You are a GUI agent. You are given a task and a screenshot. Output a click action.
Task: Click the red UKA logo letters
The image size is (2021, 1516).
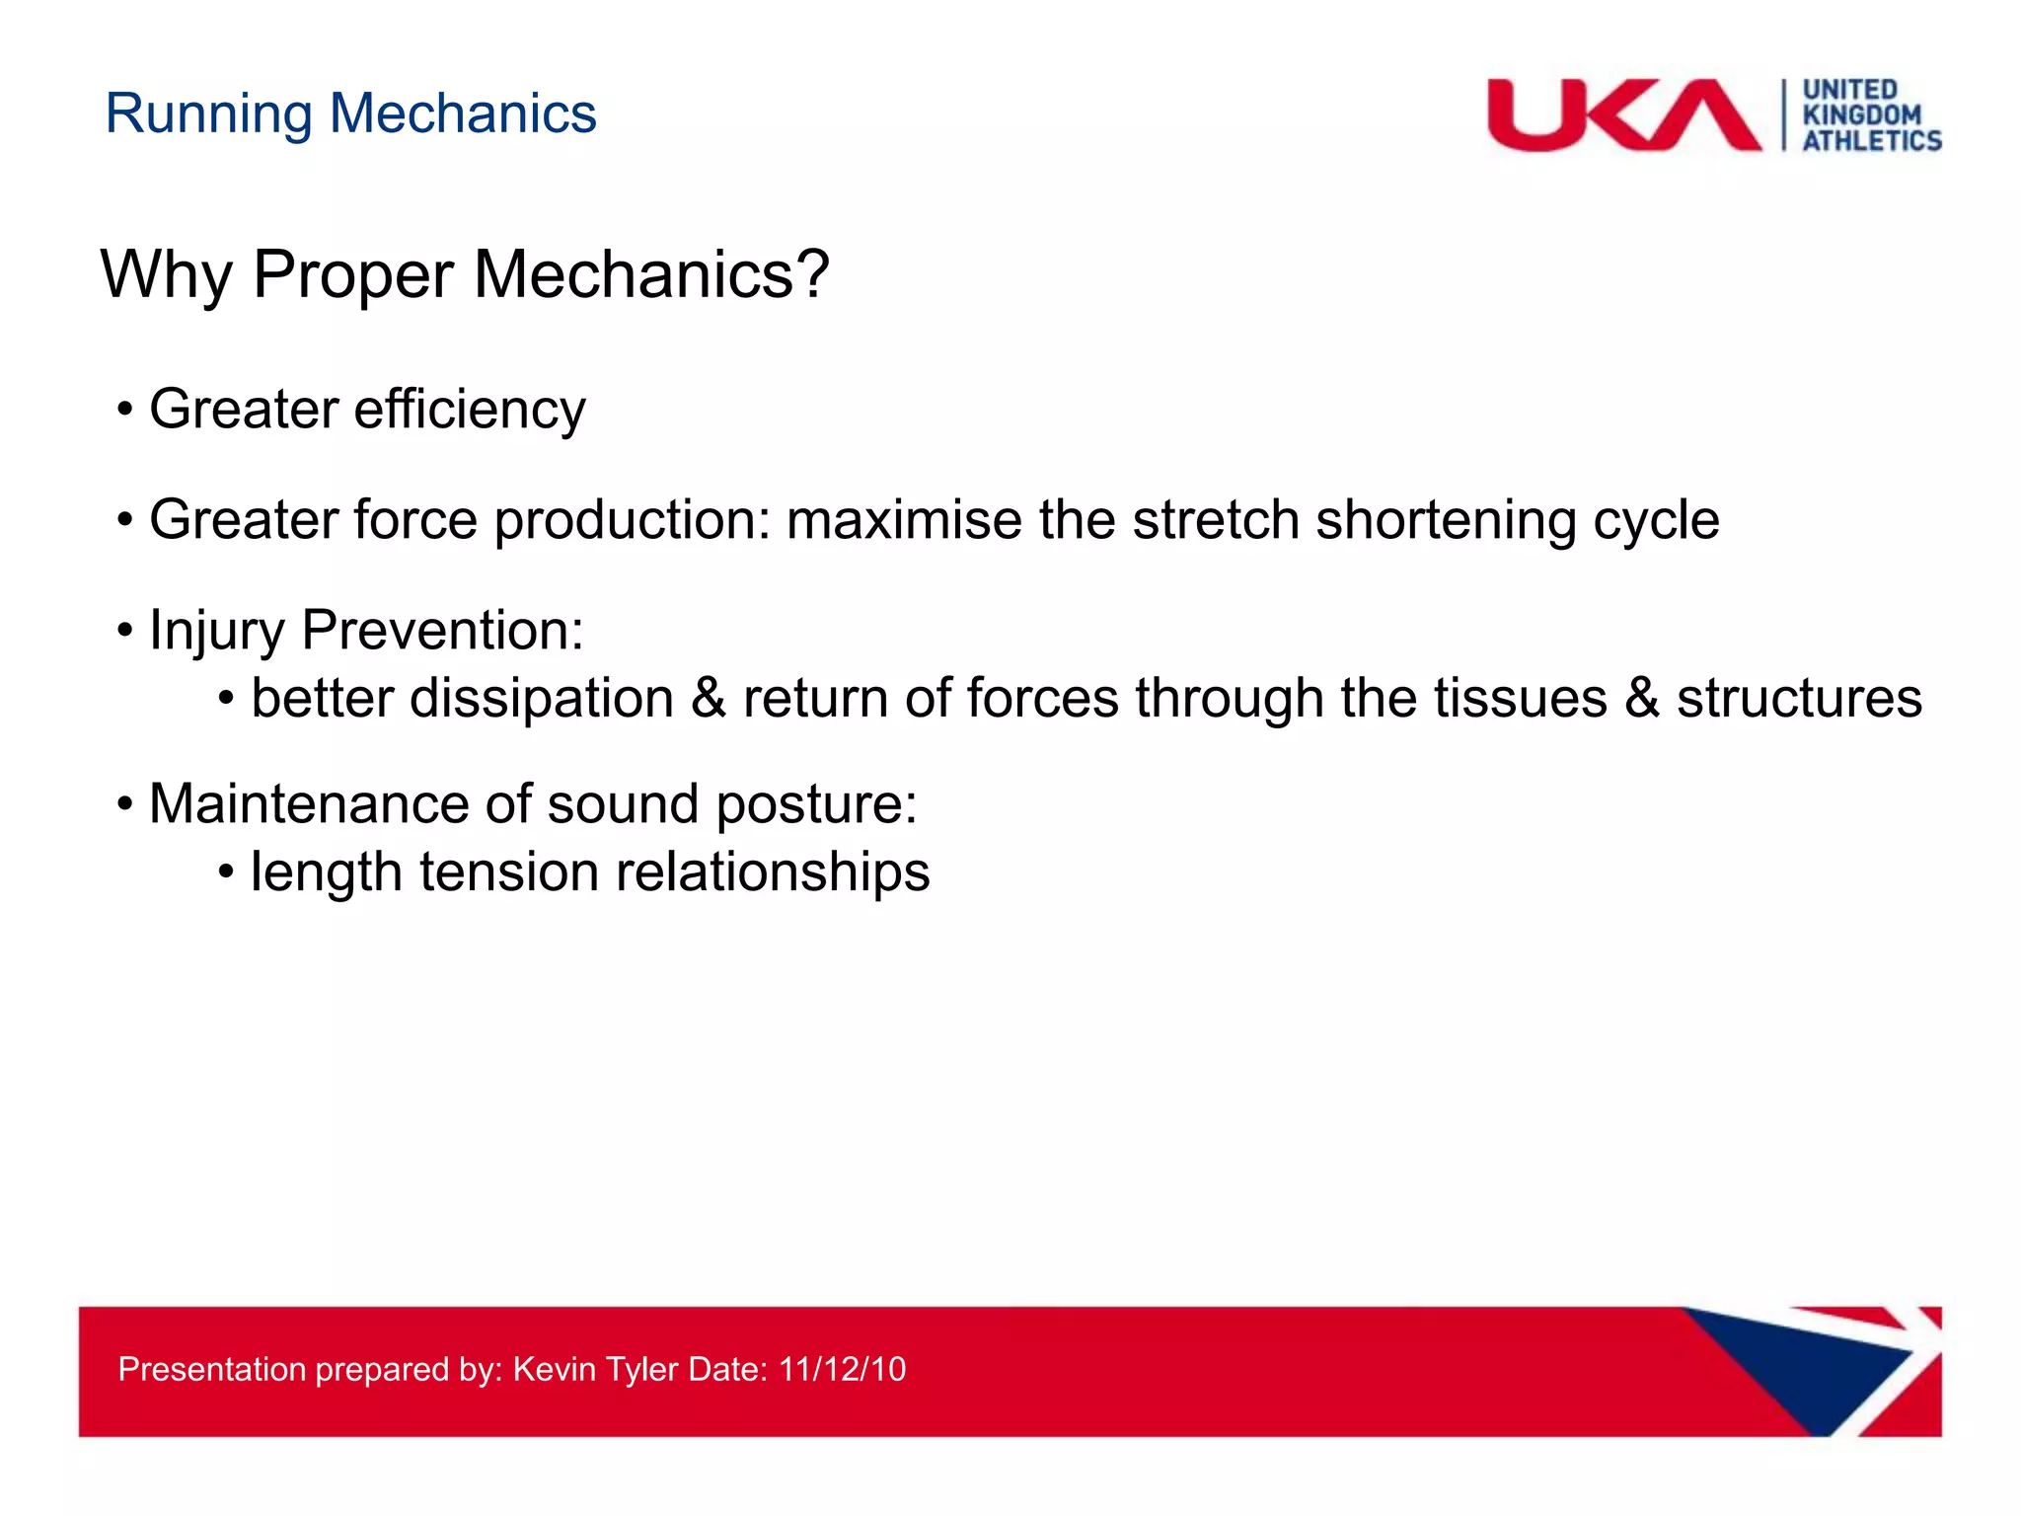click(x=1622, y=116)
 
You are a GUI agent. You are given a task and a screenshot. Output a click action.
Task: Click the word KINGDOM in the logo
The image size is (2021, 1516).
click(x=1861, y=115)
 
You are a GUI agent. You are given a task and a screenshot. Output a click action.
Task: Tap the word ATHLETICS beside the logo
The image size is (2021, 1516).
click(x=1872, y=141)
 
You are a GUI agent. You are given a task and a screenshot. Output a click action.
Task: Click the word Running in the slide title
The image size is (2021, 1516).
click(x=208, y=114)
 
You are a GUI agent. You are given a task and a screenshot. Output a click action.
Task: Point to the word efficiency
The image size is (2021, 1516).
click(x=470, y=410)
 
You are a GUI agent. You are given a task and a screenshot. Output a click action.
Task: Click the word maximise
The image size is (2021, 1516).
click(x=904, y=520)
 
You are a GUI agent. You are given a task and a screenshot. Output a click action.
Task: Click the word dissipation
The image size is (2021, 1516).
click(x=541, y=700)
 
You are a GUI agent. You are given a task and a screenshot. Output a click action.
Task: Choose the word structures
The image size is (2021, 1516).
click(x=1799, y=699)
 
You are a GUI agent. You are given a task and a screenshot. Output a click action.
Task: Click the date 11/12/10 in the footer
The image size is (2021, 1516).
click(x=842, y=1370)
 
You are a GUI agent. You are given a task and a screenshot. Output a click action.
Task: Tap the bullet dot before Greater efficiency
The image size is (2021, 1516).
click(x=124, y=410)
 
